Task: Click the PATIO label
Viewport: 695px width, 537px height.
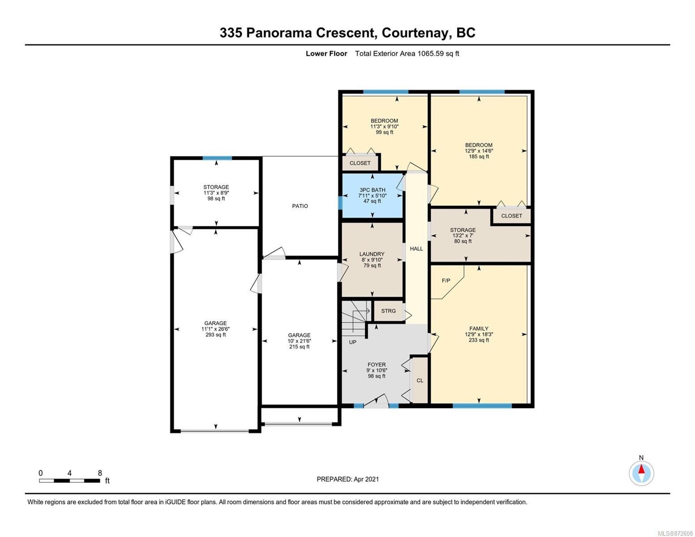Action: (300, 206)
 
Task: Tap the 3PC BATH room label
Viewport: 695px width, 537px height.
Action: (372, 190)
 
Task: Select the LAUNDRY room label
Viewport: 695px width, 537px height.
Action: (371, 254)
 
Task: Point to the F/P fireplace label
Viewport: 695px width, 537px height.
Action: (446, 281)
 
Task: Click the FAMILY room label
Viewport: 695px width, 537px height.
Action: (478, 328)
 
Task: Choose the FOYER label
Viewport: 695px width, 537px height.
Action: (376, 365)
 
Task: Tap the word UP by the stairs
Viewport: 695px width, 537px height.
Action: (353, 342)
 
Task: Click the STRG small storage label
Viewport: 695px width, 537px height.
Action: (388, 311)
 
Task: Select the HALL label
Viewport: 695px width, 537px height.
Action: (417, 248)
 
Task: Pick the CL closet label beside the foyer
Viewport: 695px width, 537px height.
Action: (420, 380)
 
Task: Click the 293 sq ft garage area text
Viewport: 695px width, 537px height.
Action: (216, 335)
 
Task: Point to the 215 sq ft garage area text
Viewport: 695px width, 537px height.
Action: (299, 347)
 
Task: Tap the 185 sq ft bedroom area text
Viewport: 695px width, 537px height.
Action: (479, 157)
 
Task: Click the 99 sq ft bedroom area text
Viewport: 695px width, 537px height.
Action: (384, 132)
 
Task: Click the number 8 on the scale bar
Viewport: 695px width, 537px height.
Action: (100, 473)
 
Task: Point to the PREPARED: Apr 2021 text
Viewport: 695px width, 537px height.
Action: (348, 479)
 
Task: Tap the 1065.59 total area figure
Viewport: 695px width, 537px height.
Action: (431, 53)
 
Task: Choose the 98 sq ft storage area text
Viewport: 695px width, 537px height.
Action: (216, 199)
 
